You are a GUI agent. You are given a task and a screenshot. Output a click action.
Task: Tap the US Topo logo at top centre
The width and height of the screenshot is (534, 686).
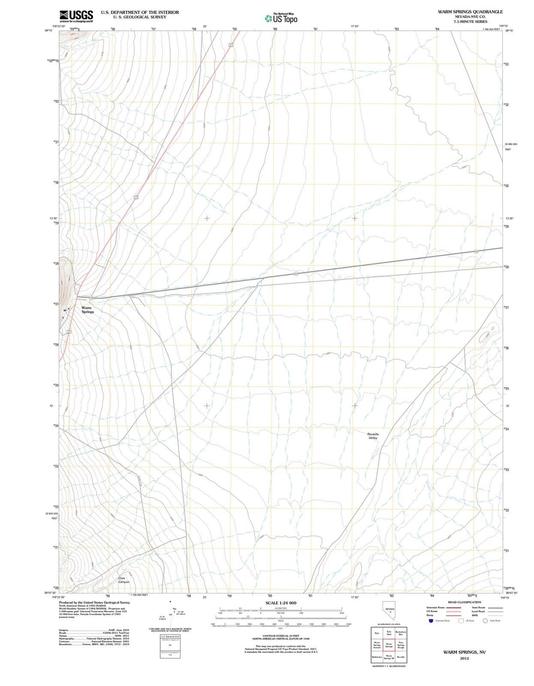tap(281, 18)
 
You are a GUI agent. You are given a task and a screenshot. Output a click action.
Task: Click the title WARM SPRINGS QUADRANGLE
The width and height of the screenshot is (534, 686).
tap(463, 11)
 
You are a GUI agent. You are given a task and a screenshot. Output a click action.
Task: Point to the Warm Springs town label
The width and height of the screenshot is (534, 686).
tap(87, 310)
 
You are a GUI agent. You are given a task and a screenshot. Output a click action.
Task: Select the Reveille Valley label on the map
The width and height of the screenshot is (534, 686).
tap(372, 436)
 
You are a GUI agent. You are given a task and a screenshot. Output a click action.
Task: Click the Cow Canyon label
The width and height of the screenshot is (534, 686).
tap(124, 580)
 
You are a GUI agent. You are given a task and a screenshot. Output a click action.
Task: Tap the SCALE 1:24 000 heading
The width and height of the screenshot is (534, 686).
tap(280, 603)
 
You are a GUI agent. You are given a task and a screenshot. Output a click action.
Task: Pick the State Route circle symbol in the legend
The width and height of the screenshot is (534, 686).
tap(485, 621)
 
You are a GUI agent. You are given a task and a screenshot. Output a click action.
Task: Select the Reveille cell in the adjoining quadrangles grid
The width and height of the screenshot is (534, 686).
tap(400, 657)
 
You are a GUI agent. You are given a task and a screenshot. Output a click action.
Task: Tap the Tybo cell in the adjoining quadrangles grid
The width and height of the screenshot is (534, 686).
tap(377, 633)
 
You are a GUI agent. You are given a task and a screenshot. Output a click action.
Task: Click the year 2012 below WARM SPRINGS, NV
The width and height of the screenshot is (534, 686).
tap(464, 659)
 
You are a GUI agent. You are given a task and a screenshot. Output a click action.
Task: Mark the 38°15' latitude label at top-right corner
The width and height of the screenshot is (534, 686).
tap(509, 31)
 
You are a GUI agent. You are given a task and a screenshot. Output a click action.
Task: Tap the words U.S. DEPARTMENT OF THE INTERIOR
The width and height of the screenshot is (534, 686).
tap(140, 12)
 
